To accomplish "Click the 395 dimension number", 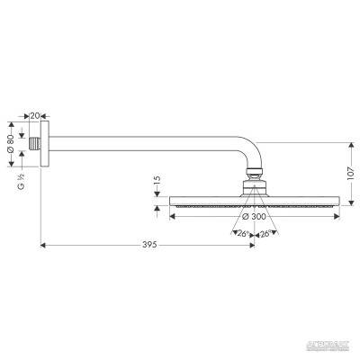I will pos(150,245).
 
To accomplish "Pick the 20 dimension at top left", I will pos(35,115).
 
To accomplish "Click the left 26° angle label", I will pos(241,234).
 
